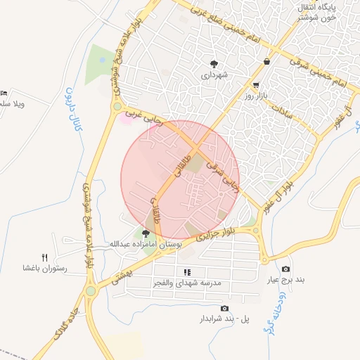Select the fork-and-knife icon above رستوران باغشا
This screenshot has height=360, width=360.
pyautogui.click(x=45, y=257)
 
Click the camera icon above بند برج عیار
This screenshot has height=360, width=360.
pyautogui.click(x=285, y=269)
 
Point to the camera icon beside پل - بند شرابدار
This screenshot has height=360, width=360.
pyautogui.click(x=224, y=309)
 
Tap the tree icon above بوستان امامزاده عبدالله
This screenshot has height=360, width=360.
pyautogui.click(x=146, y=233)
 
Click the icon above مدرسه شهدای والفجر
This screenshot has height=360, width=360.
pyautogui.click(x=187, y=272)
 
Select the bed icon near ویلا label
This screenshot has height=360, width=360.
pyautogui.click(x=4, y=93)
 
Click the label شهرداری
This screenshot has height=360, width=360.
pyautogui.click(x=214, y=75)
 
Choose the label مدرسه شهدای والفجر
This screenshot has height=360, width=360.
pyautogui.click(x=187, y=283)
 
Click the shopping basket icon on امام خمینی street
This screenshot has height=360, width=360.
pyautogui.click(x=267, y=62)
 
